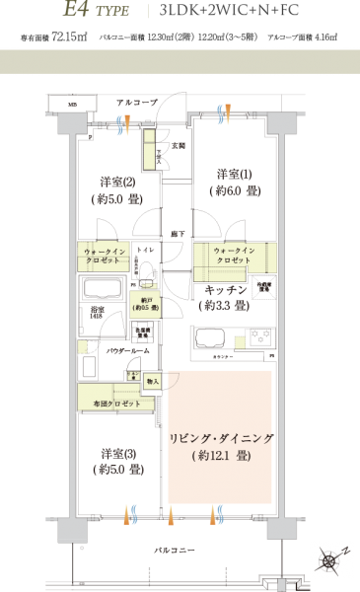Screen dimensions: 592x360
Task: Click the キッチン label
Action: coord(225,291)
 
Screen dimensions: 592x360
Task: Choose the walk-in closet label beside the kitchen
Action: coord(234,257)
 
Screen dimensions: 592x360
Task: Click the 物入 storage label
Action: coord(152,380)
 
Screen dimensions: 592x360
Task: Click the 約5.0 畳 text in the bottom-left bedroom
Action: coord(118,471)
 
